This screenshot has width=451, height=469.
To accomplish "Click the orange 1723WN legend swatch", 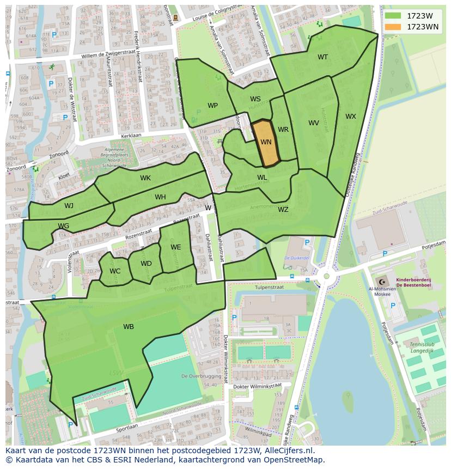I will (392, 27).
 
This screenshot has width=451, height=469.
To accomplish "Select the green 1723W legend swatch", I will (392, 16).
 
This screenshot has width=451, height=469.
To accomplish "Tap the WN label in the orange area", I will (266, 142).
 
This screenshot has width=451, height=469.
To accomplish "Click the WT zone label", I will (323, 57).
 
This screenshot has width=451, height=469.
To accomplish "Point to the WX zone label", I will (351, 117).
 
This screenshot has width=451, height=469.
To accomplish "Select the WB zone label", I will (129, 327).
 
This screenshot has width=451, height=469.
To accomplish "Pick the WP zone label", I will (212, 106).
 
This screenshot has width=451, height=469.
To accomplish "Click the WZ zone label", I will (283, 210).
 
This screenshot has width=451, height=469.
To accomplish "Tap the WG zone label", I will (64, 226).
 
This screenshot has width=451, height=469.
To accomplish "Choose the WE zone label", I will (175, 247).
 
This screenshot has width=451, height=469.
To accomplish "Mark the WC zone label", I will (115, 271).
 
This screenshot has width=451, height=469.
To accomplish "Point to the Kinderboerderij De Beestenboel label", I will (413, 282).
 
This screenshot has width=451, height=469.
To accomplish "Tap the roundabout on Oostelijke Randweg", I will (326, 276).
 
